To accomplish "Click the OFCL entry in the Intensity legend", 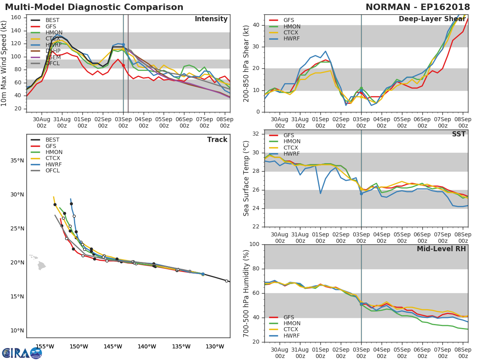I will click(x=52, y=64).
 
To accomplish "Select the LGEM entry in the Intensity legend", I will click(x=52, y=57).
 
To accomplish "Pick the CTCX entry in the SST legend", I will click(x=291, y=148).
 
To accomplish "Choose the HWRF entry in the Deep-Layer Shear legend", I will click(x=291, y=39).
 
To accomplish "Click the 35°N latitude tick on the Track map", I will click(x=17, y=161).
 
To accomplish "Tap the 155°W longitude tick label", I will click(x=45, y=346).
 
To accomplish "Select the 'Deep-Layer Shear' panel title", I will click(x=432, y=20).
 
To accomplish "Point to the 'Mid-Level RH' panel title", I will click(x=441, y=249).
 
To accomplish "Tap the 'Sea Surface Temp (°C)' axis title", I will click(x=247, y=178).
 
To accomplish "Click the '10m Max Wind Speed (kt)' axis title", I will click(x=4, y=63).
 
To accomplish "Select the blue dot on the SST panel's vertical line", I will click(x=361, y=194).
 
